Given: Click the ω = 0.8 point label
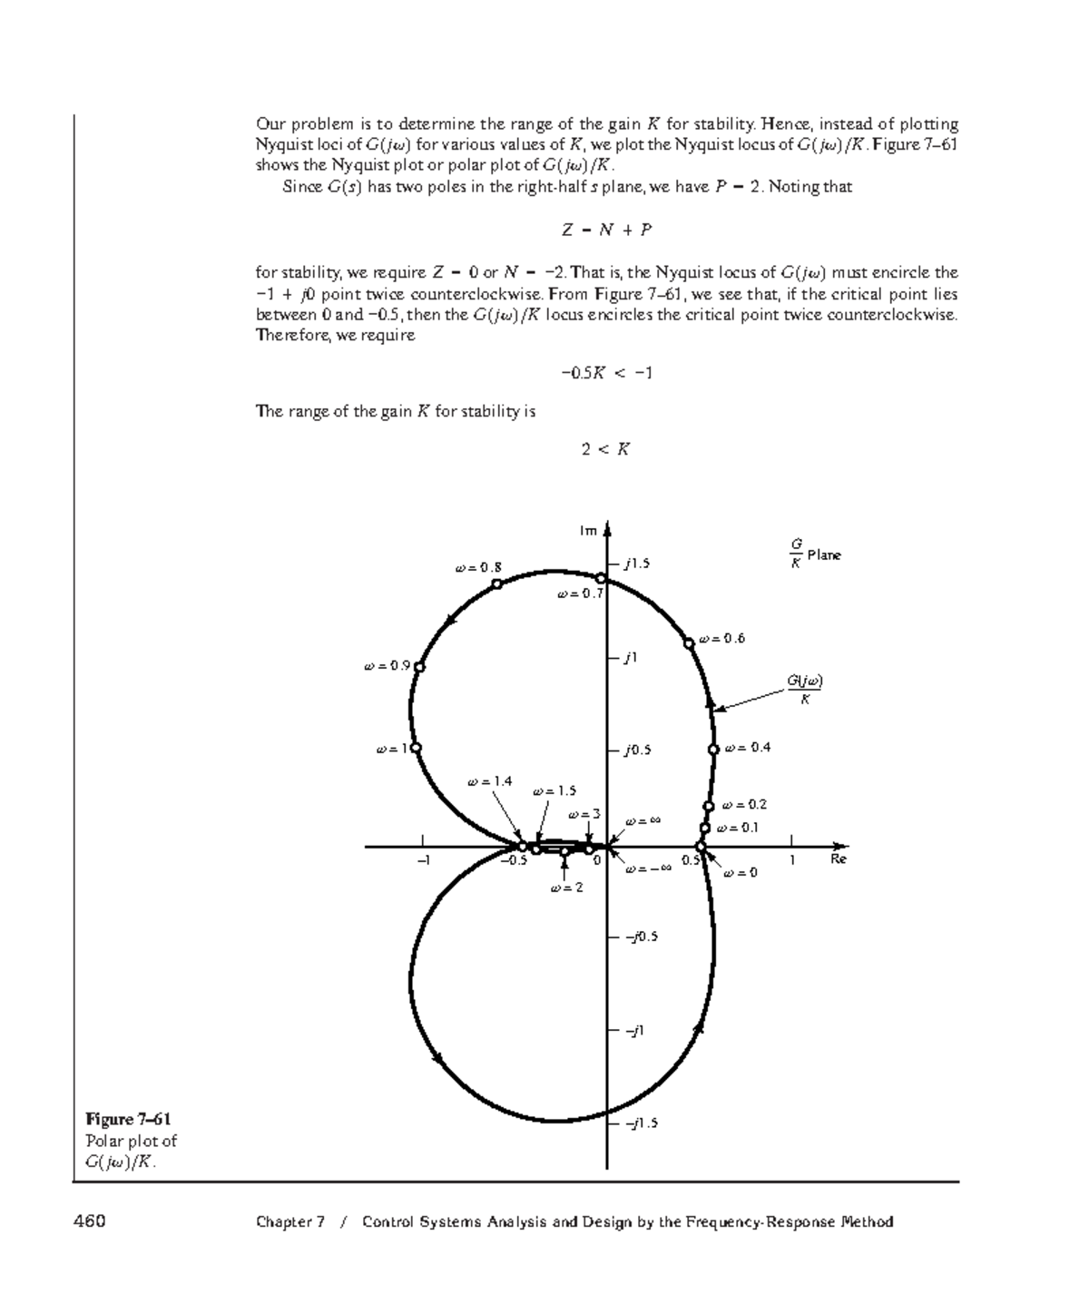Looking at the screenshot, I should click(x=478, y=568).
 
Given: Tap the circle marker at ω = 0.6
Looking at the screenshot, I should click(x=689, y=642).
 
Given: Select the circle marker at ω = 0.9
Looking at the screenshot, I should click(x=418, y=667).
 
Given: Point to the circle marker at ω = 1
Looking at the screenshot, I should click(x=416, y=748).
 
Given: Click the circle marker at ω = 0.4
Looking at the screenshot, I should click(x=714, y=749).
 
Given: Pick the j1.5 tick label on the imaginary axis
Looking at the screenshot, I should click(x=637, y=564).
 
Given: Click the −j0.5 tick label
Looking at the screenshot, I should click(x=640, y=936).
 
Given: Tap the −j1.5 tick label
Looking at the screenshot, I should click(x=640, y=1123).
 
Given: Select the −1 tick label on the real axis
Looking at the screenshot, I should click(x=422, y=860).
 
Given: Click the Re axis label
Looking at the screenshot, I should click(x=839, y=858).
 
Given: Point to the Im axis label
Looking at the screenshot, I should click(x=589, y=531).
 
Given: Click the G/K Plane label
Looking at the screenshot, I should click(x=814, y=554).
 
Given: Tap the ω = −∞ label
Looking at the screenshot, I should click(x=648, y=868).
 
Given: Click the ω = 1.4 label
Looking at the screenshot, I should click(x=489, y=781).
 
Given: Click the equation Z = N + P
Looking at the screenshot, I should click(x=606, y=230).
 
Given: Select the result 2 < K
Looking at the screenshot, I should click(x=606, y=449).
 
